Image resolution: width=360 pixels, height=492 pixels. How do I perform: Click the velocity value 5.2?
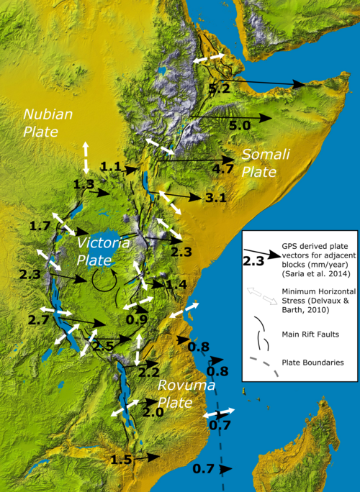pos(219,89)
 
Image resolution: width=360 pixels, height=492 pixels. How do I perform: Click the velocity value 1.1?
pos(110,166)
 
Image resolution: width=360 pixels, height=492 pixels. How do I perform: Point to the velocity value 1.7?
pos(40,227)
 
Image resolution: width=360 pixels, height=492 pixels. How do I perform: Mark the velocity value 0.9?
pos(136,319)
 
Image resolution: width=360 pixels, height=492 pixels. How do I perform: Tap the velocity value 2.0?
pos(153,413)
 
